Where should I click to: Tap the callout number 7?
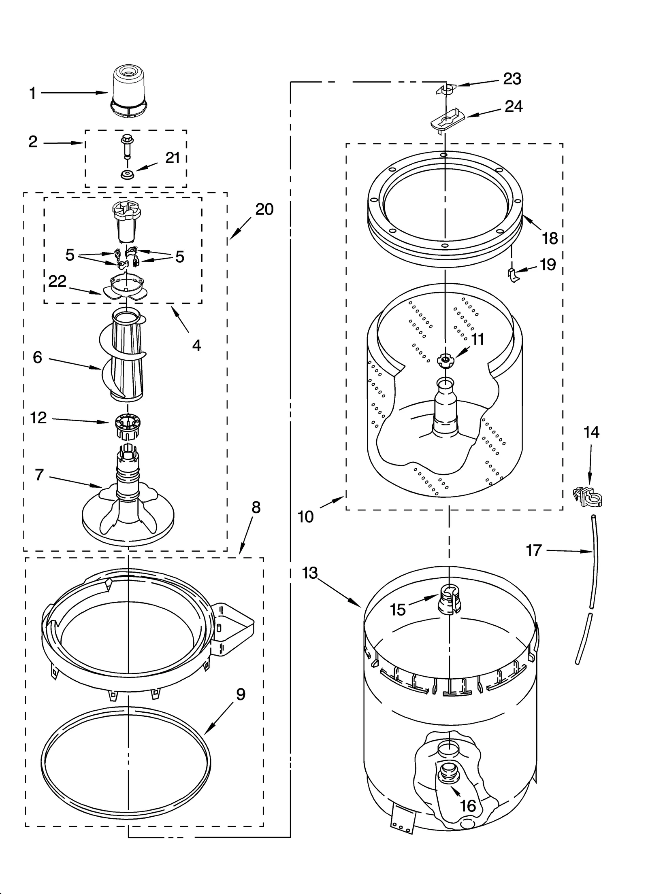coord(39,474)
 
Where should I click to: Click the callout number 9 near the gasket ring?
coord(241,694)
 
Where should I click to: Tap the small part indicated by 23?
coord(446,90)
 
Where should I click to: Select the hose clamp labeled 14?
coord(588,497)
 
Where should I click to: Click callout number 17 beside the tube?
coord(534,550)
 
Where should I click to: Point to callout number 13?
coord(310,573)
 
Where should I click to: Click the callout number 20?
coord(264,209)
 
